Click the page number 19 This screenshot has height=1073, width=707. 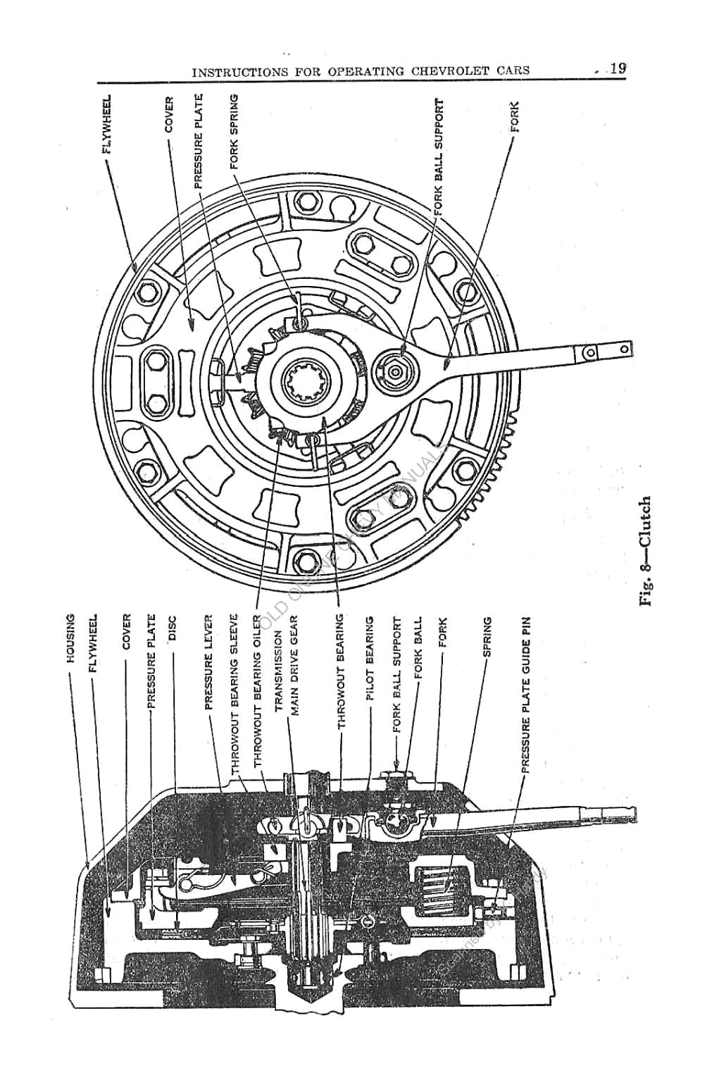[618, 69]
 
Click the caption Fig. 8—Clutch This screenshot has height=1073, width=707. [646, 552]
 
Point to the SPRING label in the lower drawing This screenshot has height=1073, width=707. [487, 637]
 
